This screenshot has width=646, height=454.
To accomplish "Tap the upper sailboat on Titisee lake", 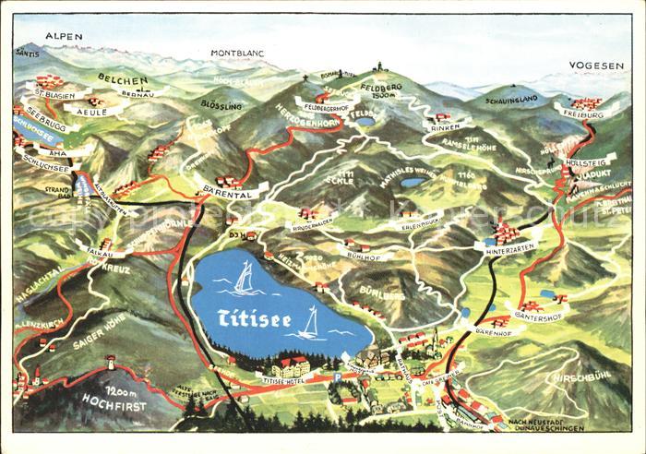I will [244, 277].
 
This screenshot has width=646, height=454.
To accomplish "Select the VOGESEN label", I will [596, 66].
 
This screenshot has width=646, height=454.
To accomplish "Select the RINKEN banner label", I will [439, 128].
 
